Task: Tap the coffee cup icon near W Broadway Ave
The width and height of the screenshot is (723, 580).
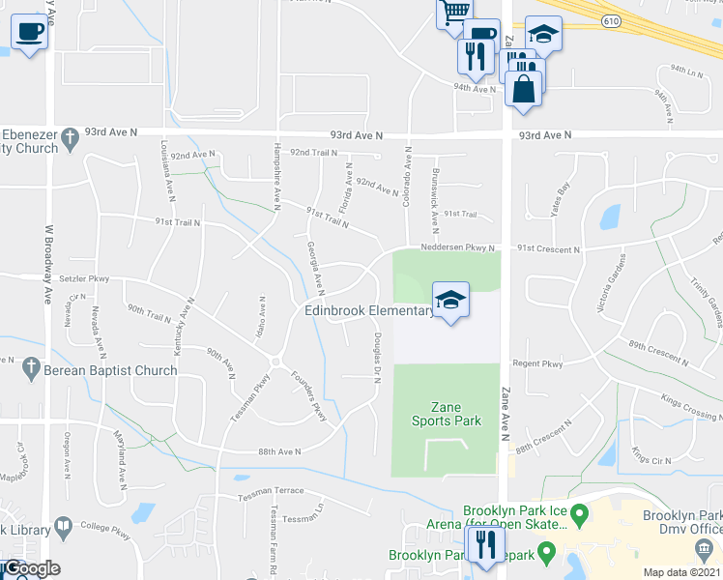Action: click(29, 32)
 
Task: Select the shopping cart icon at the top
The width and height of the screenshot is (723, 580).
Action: click(454, 13)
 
